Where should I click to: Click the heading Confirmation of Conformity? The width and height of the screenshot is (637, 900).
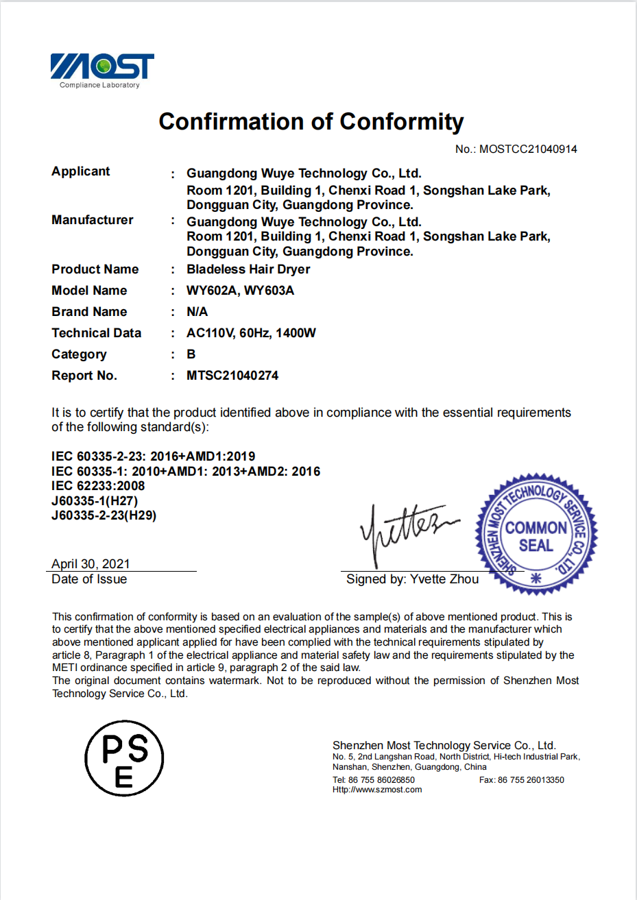[x=311, y=122]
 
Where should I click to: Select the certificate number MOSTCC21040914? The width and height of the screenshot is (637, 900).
[x=527, y=149]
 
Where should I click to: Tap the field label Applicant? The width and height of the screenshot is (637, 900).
[x=81, y=171]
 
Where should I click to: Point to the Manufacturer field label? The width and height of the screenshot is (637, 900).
[x=93, y=220]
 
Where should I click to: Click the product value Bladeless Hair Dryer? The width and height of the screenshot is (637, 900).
[x=248, y=269]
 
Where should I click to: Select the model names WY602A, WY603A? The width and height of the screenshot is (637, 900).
[x=240, y=291]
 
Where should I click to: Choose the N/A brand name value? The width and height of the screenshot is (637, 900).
[x=197, y=312]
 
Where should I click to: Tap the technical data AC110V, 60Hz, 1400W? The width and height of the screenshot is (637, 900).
[x=251, y=333]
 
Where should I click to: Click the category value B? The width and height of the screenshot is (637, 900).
[x=191, y=354]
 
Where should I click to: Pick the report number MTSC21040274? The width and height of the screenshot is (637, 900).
[x=232, y=376]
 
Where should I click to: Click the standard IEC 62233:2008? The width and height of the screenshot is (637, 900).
[x=98, y=486]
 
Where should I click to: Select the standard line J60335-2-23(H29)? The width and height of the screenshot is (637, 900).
[x=104, y=515]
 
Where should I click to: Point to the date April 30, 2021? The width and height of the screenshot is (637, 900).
[x=91, y=564]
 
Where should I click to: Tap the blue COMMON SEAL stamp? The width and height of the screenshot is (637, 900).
[x=536, y=534]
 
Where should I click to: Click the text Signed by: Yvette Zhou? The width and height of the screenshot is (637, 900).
[x=412, y=579]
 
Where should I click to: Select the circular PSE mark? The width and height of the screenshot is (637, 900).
[x=124, y=758]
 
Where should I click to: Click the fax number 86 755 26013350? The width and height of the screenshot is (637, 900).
[x=530, y=780]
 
